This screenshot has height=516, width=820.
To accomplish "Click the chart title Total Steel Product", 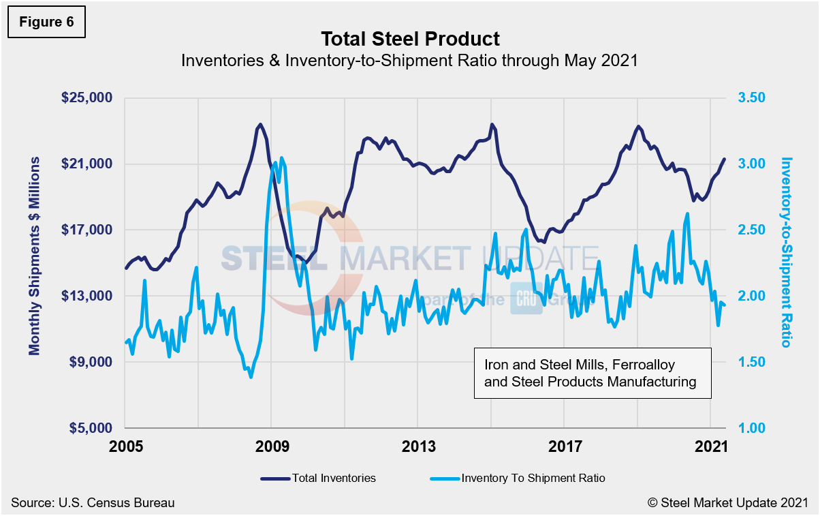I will tap(410, 39).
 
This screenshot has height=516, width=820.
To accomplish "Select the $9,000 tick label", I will tap(91, 362).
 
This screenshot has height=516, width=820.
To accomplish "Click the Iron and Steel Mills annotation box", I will tap(591, 373).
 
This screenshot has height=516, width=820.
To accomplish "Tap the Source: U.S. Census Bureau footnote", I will tap(93, 503).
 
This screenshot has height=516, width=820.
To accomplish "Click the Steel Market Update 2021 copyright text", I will tap(727, 503).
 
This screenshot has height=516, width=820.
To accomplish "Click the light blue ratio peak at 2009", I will tap(281, 158).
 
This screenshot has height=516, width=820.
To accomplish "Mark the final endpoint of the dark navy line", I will tap(725, 159).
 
